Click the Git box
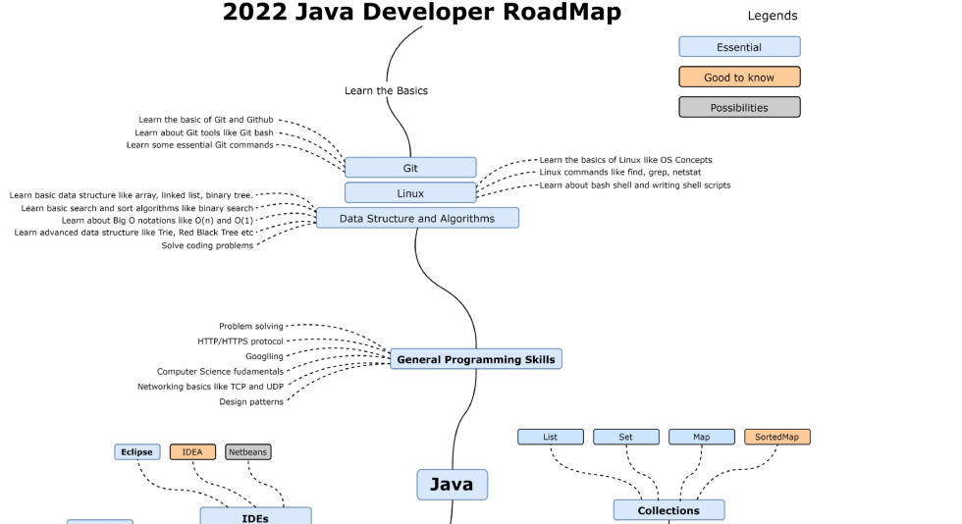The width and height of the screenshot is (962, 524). click(410, 168)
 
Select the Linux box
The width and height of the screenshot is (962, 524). click(410, 193)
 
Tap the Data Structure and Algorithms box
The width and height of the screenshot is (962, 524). click(417, 218)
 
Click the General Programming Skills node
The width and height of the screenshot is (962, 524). click(476, 359)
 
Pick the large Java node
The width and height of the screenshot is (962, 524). click(452, 484)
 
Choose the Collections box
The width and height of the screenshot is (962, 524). click(668, 510)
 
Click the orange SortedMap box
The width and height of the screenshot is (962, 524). click(776, 437)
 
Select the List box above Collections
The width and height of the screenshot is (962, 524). click(550, 437)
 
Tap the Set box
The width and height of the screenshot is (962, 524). click(626, 437)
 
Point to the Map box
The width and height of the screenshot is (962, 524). click(701, 437)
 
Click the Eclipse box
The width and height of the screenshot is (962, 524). click(137, 452)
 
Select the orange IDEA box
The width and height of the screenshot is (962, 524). click(192, 452)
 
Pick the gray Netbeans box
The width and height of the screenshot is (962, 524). click(248, 452)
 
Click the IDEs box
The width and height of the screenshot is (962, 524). click(255, 516)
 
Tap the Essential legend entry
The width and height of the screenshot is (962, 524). click(739, 47)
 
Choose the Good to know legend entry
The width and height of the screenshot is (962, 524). click(739, 78)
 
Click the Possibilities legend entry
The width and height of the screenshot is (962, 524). click(739, 108)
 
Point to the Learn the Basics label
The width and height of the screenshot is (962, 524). click(386, 91)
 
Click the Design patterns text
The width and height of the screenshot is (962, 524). click(251, 402)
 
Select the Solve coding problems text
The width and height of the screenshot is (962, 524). click(207, 246)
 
